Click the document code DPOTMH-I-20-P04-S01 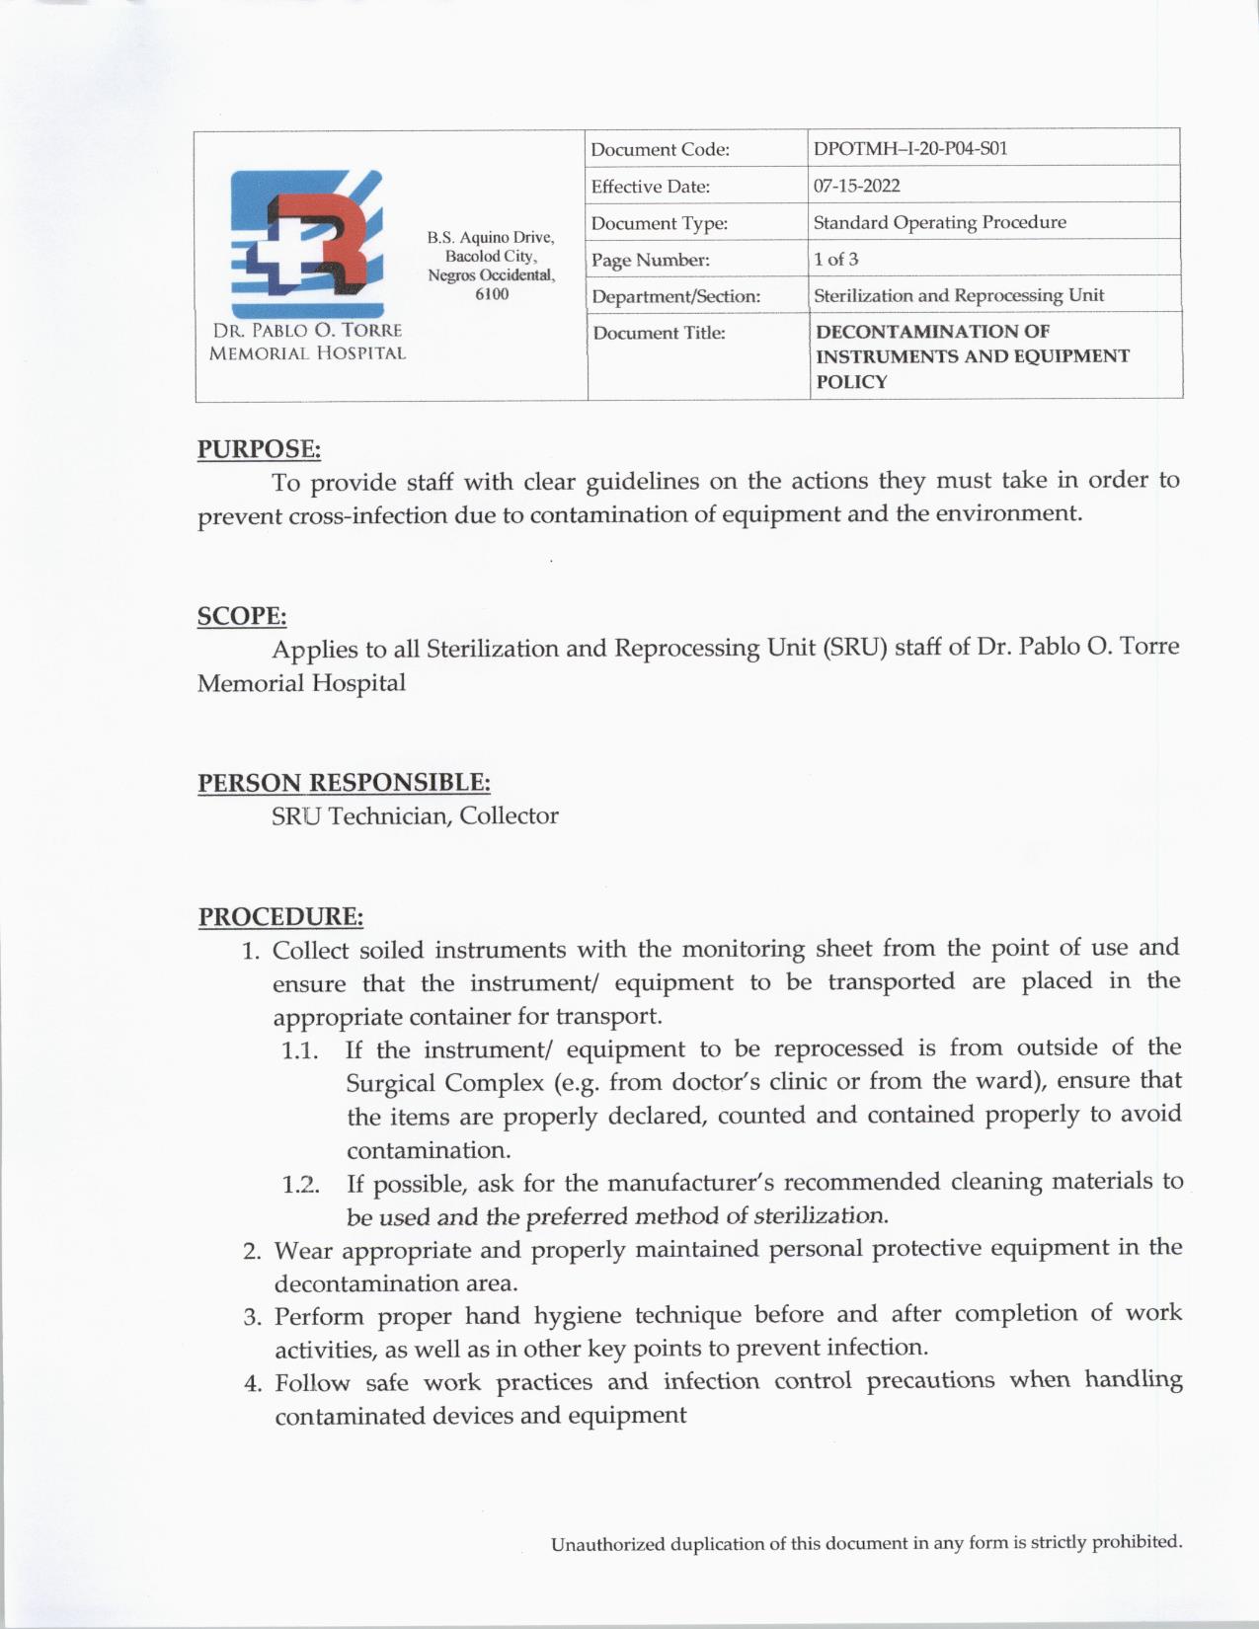click(x=909, y=149)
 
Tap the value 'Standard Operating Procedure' click(x=939, y=222)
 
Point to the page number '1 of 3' click(x=835, y=259)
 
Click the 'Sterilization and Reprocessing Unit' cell click(x=958, y=295)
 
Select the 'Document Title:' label click(x=659, y=333)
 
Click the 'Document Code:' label click(x=660, y=150)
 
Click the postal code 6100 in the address click(x=492, y=294)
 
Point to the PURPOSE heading click(x=259, y=449)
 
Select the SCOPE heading click(x=242, y=616)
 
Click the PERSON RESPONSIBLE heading click(x=344, y=783)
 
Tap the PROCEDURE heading click(x=280, y=916)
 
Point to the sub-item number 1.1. click(x=299, y=1050)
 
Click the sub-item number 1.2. click(x=300, y=1185)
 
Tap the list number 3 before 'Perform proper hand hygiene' click(x=252, y=1317)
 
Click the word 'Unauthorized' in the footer click(x=607, y=1544)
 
